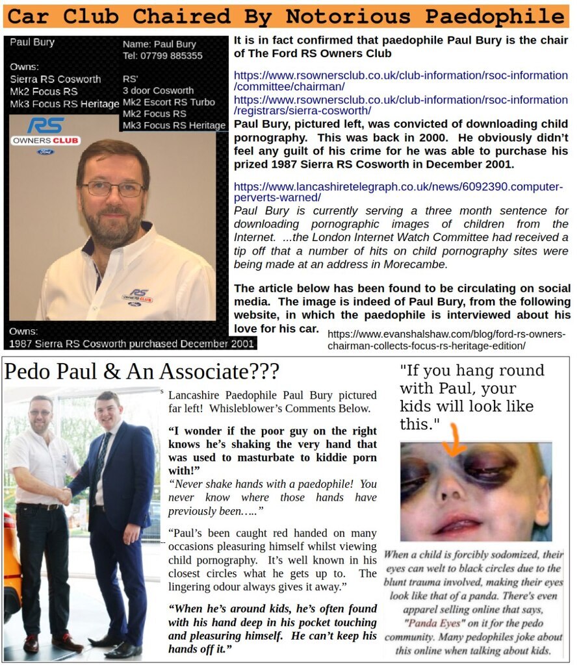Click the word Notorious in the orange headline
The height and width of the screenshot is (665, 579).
[x=337, y=16]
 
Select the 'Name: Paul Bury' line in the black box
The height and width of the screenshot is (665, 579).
[x=159, y=45]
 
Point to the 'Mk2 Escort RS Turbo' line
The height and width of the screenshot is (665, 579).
[x=168, y=102]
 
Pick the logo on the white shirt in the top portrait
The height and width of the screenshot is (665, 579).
[x=139, y=296]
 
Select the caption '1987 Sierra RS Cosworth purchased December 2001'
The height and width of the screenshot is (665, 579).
[x=132, y=344]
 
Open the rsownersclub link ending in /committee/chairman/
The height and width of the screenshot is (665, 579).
[x=400, y=81]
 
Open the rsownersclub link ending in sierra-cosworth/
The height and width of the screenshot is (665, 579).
[x=400, y=105]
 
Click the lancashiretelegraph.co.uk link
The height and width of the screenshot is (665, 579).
[x=398, y=192]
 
